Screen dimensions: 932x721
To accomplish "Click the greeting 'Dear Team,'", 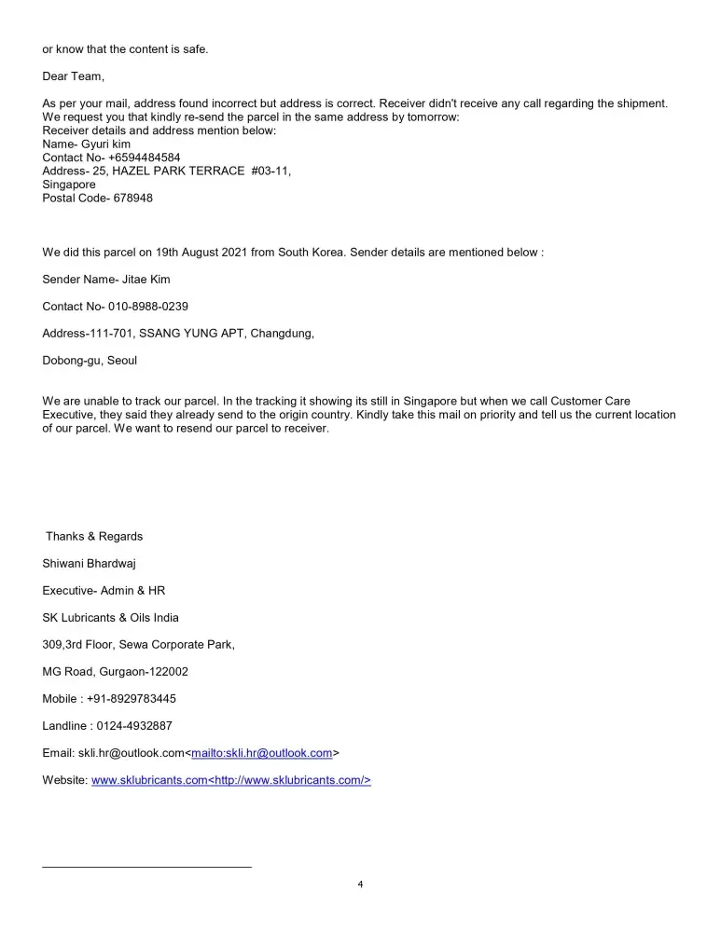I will (74, 76).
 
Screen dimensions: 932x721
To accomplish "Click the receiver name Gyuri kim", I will (106, 144).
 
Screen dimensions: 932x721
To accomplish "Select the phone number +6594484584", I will (144, 158).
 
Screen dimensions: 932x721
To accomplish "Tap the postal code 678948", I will (133, 199).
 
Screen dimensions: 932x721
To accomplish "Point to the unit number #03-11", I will (270, 171).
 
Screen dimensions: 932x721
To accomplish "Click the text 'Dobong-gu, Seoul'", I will (90, 360).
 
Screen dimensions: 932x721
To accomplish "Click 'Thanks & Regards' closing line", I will (94, 536).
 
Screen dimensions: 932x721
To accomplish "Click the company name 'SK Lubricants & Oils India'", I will (111, 617).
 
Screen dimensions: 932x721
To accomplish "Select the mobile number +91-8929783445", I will (134, 698).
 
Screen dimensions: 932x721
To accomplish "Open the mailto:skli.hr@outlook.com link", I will (261, 752).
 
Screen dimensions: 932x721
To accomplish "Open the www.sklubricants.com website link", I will (149, 780).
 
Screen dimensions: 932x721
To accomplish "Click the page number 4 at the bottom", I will (360, 884).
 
